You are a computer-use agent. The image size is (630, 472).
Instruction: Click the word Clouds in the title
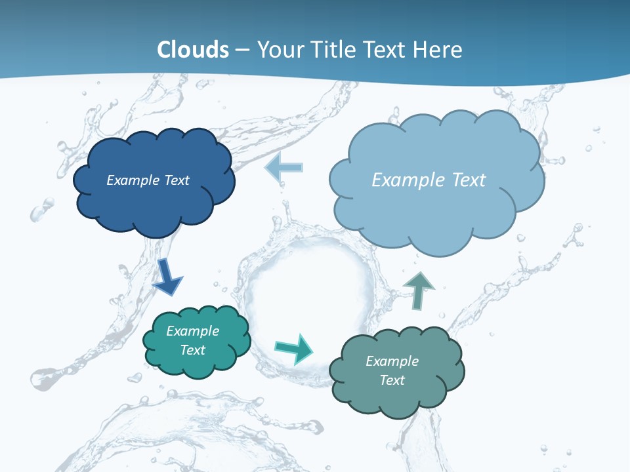tap(193, 49)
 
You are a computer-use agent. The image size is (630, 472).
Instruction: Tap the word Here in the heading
tap(439, 49)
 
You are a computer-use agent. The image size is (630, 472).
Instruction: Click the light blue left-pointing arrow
tap(283, 167)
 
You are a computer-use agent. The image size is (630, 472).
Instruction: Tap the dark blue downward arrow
tap(167, 276)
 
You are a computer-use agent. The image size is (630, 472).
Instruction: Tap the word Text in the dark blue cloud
tap(177, 180)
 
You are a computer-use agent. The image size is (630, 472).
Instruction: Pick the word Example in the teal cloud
tap(193, 331)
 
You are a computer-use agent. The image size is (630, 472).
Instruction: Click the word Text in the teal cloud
tap(193, 350)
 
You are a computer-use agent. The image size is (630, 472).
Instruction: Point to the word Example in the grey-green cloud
tap(392, 361)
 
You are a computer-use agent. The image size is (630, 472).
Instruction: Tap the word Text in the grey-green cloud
tap(392, 380)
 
